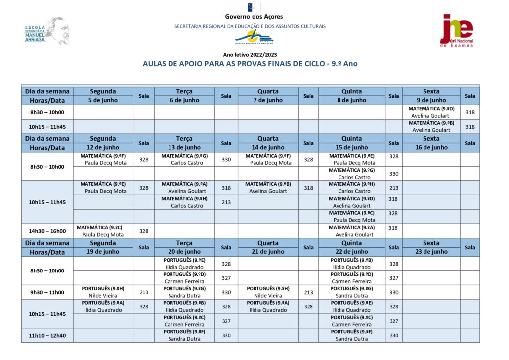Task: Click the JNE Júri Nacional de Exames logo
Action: point(456,31)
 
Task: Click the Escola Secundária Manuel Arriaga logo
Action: point(47,32)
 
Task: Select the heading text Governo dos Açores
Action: point(250,17)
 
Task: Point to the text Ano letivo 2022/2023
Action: point(250,55)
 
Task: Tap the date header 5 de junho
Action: point(103,100)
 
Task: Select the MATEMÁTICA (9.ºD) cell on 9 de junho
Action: point(431,112)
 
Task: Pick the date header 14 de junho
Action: point(268,147)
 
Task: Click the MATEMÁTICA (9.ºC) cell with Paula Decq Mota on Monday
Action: point(103,231)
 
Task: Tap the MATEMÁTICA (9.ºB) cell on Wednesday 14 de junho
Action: point(268,188)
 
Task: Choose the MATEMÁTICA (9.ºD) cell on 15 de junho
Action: point(351,202)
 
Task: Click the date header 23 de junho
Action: point(431,252)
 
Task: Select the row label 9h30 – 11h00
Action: point(47,292)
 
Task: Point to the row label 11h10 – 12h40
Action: point(47,336)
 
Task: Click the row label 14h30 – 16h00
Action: point(47,231)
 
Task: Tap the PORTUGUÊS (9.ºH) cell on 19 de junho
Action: point(103,292)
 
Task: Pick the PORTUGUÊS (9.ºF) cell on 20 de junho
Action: point(184,335)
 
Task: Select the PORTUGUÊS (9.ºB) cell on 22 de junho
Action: point(351,264)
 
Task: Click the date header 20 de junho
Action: point(184,252)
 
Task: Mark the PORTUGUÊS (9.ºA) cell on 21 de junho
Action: point(268,306)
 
